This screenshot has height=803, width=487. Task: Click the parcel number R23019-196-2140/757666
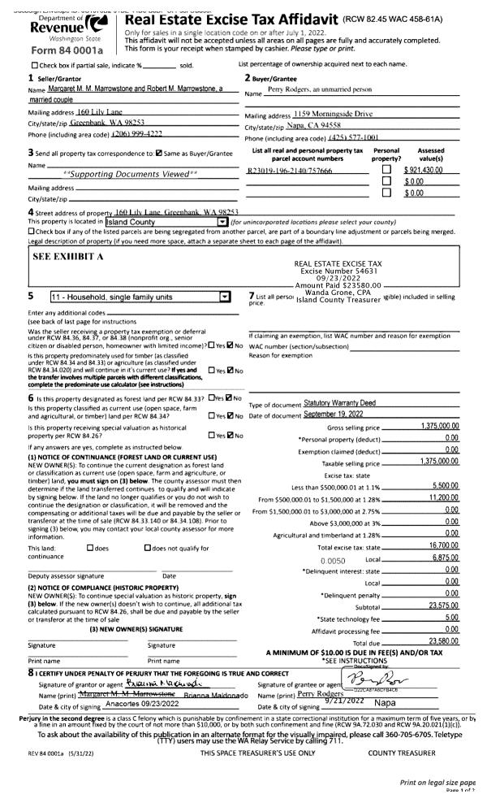290,171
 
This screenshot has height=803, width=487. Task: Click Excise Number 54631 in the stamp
341,271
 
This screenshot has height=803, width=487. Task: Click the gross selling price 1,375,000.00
440,426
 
